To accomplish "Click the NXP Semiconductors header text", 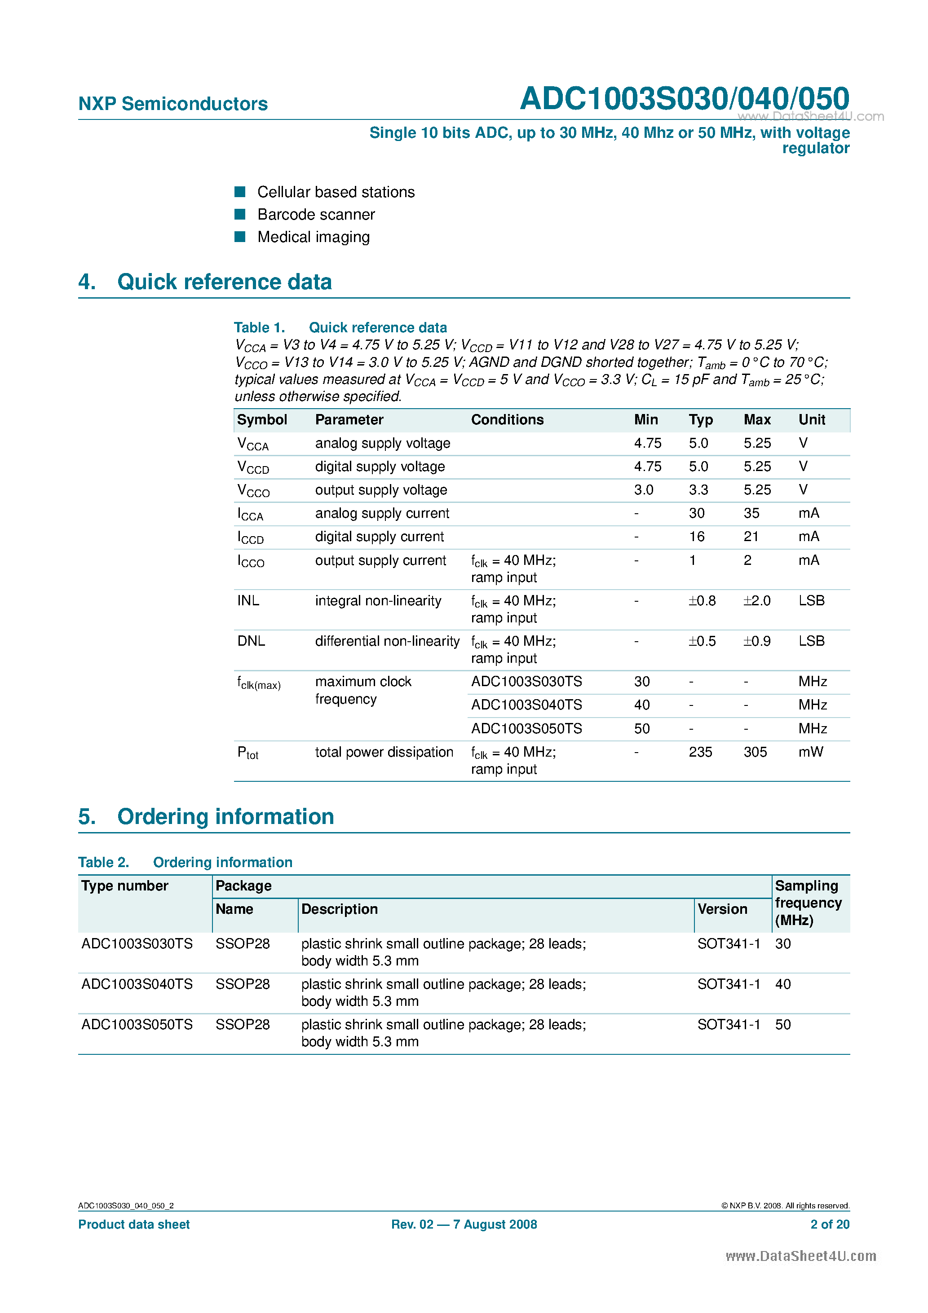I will pyautogui.click(x=173, y=104).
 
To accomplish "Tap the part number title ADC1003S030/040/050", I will pyautogui.click(x=684, y=98).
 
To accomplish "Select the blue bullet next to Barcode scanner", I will pyautogui.click(x=240, y=215).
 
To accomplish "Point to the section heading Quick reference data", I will pyautogui.click(x=224, y=282).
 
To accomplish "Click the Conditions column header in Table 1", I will pyautogui.click(x=507, y=420).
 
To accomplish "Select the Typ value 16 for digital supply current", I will pyautogui.click(x=696, y=537).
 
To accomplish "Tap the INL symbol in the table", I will pyautogui.click(x=248, y=600).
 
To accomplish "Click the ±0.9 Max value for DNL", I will pyautogui.click(x=756, y=641).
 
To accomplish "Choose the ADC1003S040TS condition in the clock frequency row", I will pyautogui.click(x=526, y=705).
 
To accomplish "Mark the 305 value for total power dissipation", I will pyautogui.click(x=755, y=752).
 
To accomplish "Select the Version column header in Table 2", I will pyautogui.click(x=722, y=909).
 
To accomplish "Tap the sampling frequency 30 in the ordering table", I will pyautogui.click(x=782, y=944).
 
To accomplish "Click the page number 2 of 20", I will pyautogui.click(x=829, y=1225).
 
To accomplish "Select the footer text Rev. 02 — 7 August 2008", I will pyautogui.click(x=464, y=1225).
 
